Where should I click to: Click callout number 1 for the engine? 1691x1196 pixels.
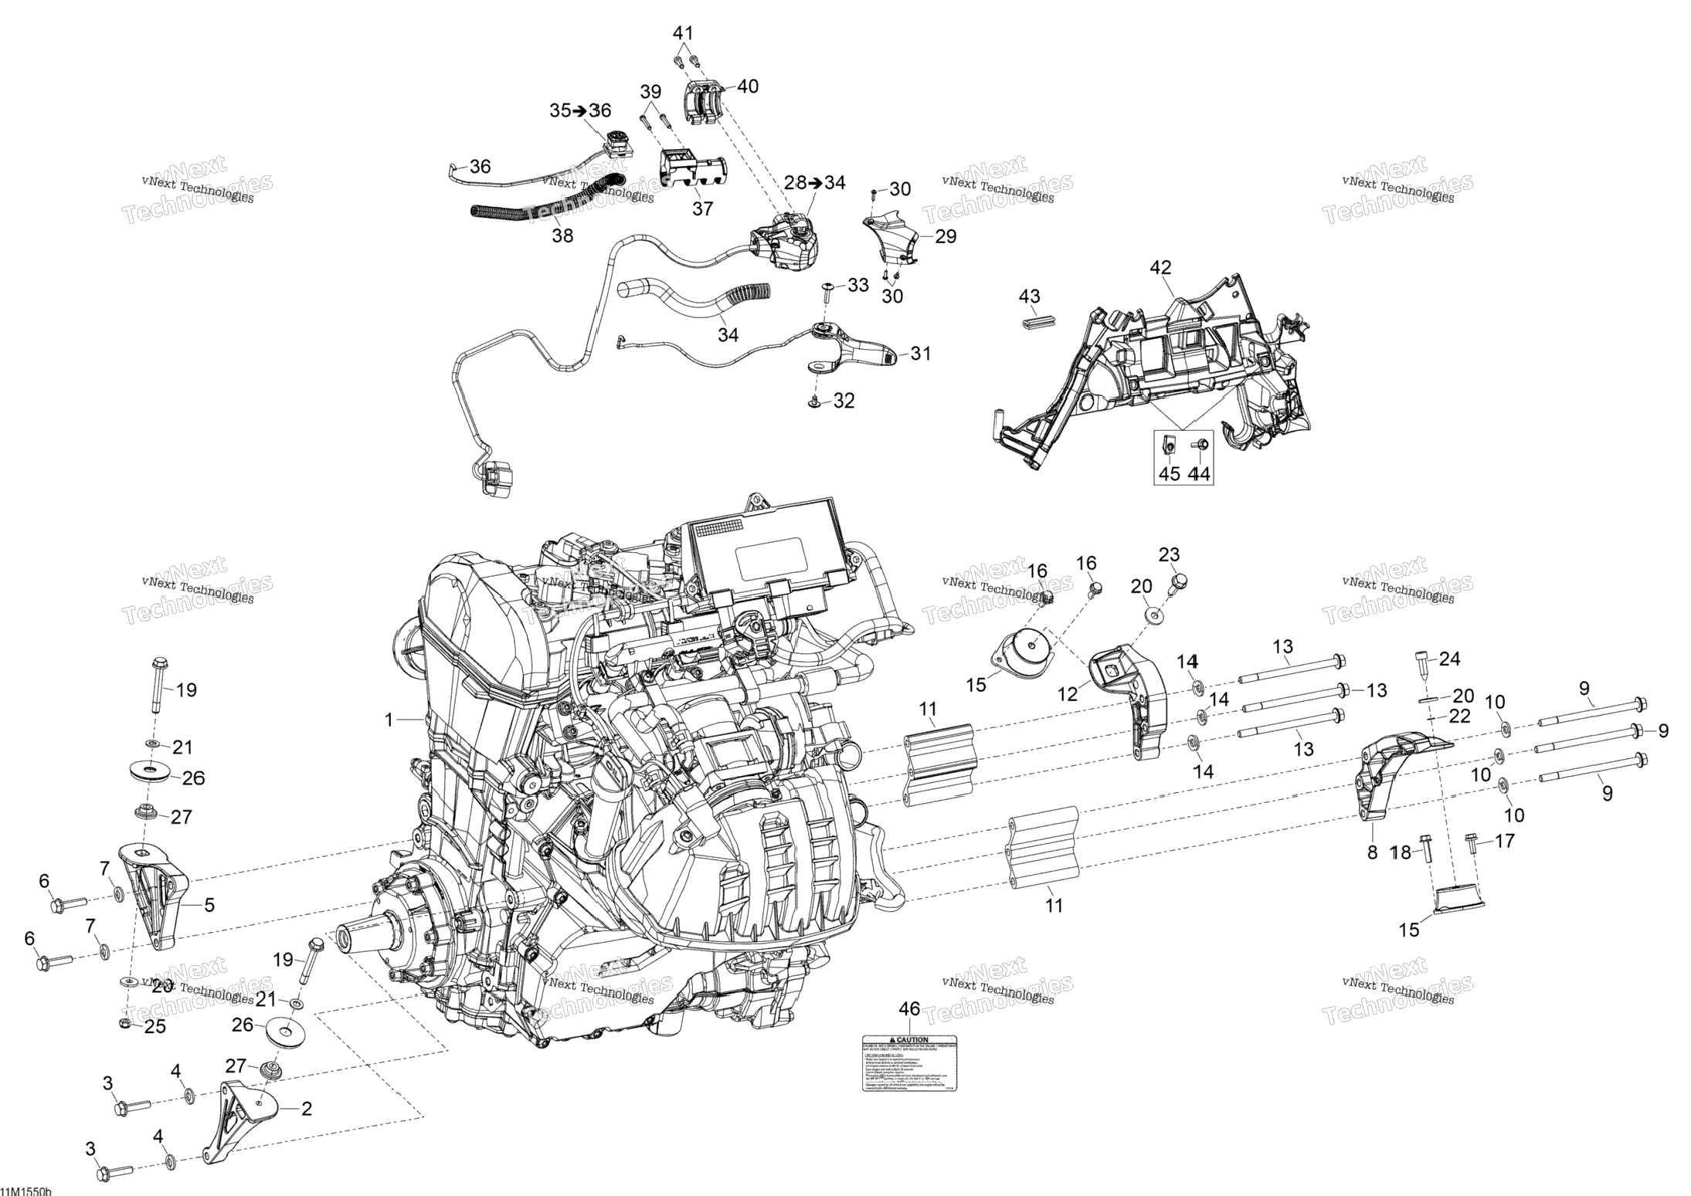point(389,720)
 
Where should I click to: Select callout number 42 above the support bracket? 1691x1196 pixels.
point(1160,268)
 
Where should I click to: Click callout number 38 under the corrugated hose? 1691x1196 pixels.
point(562,235)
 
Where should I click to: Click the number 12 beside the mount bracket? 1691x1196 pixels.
point(1068,694)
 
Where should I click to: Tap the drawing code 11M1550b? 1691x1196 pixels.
point(25,1191)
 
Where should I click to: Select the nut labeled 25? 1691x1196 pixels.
point(124,1024)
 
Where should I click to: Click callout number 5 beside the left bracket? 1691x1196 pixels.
point(209,905)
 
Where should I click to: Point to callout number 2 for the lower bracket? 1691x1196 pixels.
point(306,1110)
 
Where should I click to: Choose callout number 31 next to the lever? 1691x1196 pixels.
point(920,354)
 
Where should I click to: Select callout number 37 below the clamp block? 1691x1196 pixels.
point(702,208)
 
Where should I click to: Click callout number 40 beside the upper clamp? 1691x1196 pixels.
point(747,86)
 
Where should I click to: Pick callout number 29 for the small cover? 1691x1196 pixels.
point(946,236)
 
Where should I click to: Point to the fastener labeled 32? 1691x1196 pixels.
point(814,401)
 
